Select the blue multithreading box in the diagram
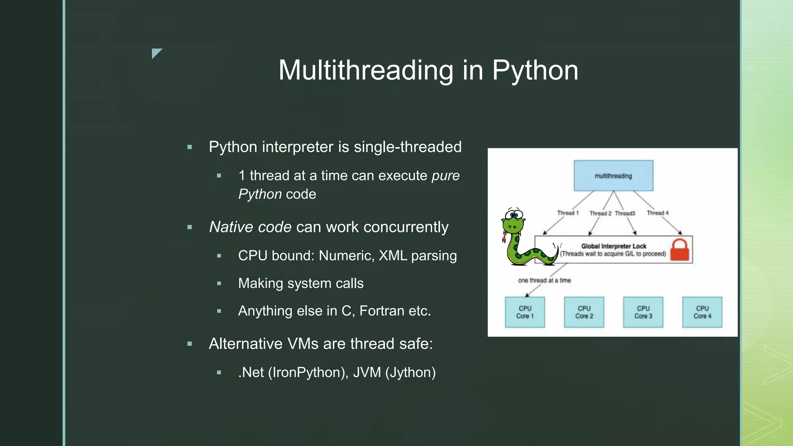coord(613,176)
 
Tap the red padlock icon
coord(680,250)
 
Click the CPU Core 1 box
coord(525,312)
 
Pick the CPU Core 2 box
coord(584,312)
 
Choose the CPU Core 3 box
coord(643,312)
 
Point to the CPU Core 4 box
coord(702,312)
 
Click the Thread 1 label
coord(568,213)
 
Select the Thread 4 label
coord(657,213)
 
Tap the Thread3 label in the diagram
coord(625,213)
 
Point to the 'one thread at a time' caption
coord(544,280)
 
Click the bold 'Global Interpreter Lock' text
coord(614,246)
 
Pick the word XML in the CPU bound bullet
coord(393,256)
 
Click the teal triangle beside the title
coord(156,53)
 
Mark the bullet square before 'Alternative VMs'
coord(190,344)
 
